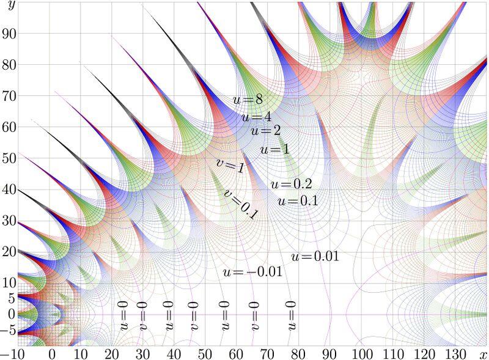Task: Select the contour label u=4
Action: [256, 117]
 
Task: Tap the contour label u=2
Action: [266, 131]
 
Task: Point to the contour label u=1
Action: [274, 149]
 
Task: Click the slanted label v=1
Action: [230, 165]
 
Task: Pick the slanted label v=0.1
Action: [240, 204]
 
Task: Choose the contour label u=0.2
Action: [291, 184]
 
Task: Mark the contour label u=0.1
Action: [298, 200]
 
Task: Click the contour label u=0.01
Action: [315, 257]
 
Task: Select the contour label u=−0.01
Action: [252, 272]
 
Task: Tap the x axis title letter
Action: [483, 354]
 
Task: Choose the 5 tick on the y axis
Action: [10, 298]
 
